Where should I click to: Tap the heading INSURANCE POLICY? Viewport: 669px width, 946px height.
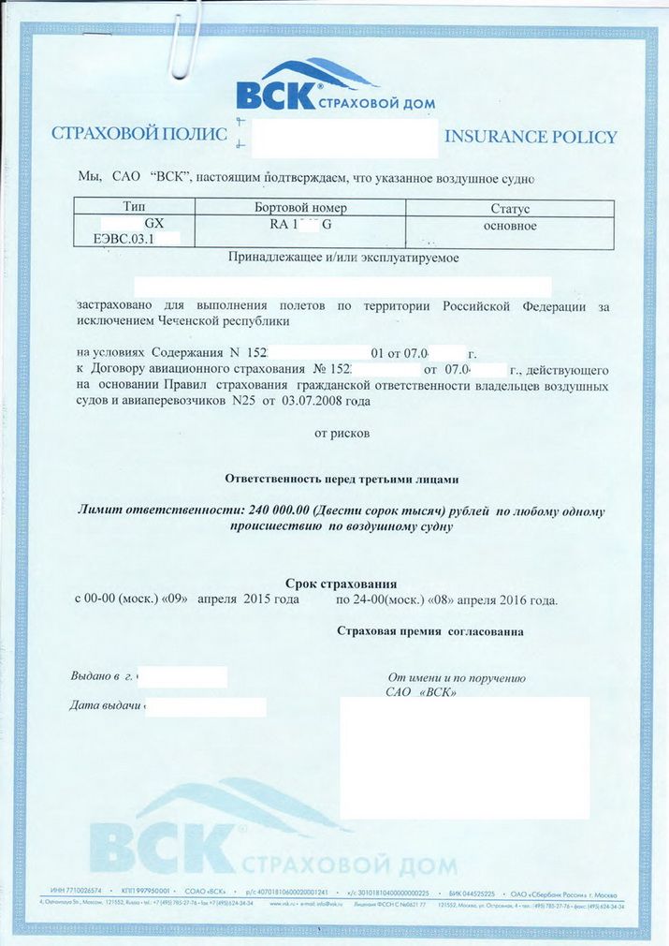[531, 137]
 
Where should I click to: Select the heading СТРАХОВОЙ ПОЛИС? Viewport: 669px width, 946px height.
[139, 134]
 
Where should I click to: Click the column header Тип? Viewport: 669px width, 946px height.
[134, 208]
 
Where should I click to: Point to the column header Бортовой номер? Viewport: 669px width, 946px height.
[300, 208]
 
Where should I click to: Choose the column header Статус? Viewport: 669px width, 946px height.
[510, 209]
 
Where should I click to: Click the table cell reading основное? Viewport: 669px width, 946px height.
[510, 226]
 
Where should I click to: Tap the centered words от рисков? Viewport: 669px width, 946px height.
[343, 434]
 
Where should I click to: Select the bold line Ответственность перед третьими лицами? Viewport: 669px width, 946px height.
[342, 479]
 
